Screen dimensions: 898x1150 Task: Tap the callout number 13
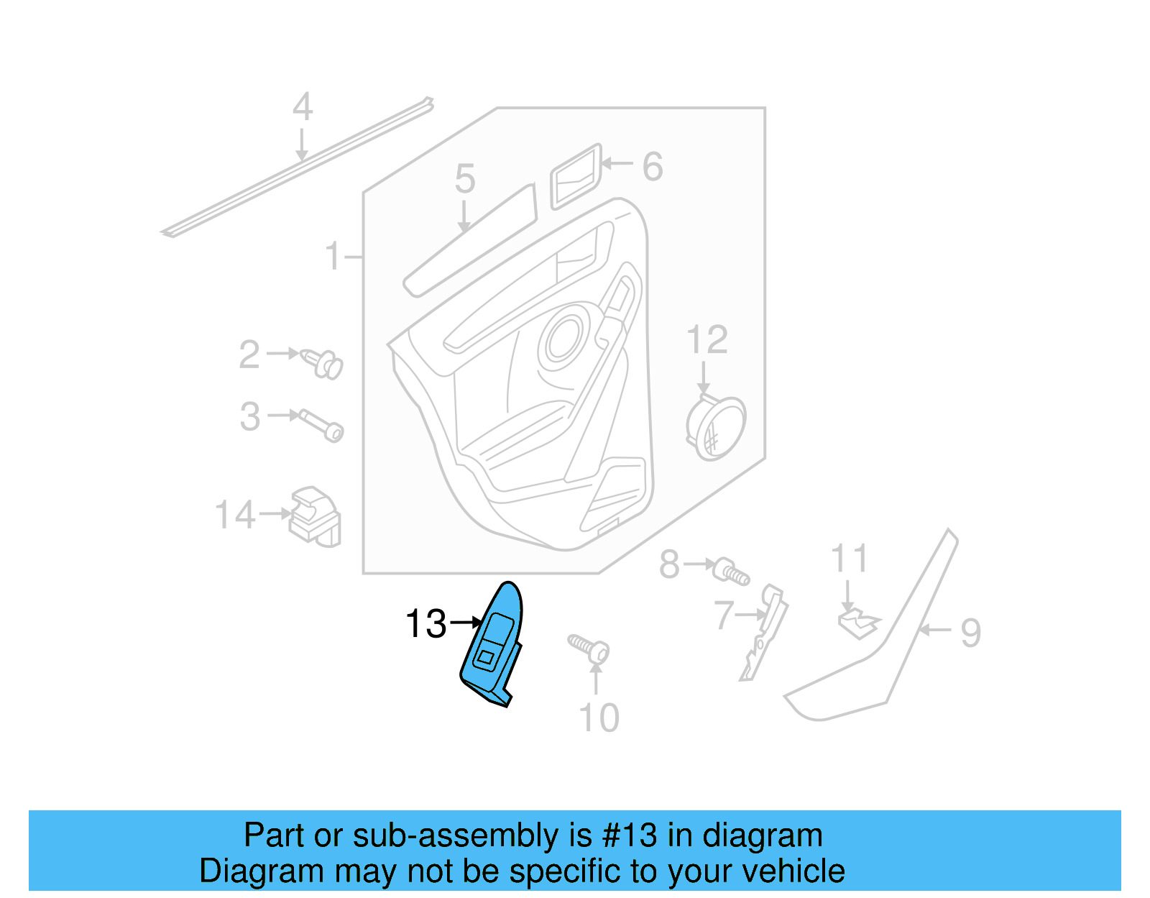[x=426, y=623]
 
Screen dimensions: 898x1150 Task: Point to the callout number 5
[x=465, y=178]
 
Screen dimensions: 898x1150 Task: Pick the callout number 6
[x=652, y=167]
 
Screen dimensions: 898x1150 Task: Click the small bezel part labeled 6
[x=575, y=177]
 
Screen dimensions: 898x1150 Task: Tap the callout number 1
[x=332, y=256]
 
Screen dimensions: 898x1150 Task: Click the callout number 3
[x=250, y=417]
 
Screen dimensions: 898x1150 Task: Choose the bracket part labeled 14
[x=315, y=516]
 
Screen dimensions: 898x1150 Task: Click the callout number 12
[x=707, y=339]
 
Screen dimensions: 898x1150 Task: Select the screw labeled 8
[x=731, y=572]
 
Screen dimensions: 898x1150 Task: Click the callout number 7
[x=724, y=615]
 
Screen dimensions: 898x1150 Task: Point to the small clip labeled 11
[x=857, y=623]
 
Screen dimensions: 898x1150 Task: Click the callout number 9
[x=970, y=633]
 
